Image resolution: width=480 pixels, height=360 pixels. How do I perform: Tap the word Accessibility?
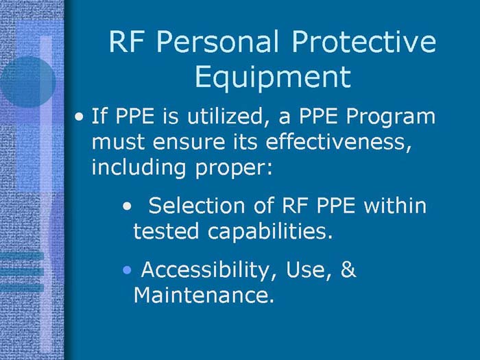click(204, 271)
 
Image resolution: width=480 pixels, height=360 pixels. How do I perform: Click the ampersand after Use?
click(348, 270)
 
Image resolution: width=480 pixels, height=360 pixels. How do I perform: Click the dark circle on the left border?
click(27, 81)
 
